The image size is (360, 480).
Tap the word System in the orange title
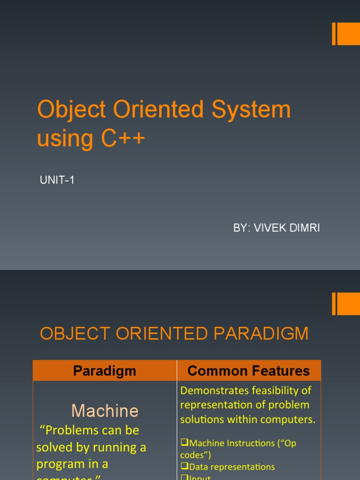click(x=251, y=109)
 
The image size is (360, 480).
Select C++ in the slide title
click(x=124, y=138)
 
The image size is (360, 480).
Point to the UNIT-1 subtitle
click(x=57, y=180)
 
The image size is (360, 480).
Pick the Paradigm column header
click(x=105, y=371)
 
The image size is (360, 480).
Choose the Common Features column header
click(x=248, y=371)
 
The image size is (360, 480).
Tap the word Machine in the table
click(x=105, y=411)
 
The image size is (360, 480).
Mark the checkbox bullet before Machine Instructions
click(x=184, y=443)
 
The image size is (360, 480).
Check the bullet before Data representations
click(x=184, y=467)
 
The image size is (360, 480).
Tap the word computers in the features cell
click(x=292, y=420)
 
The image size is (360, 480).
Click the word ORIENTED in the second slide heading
click(x=154, y=334)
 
